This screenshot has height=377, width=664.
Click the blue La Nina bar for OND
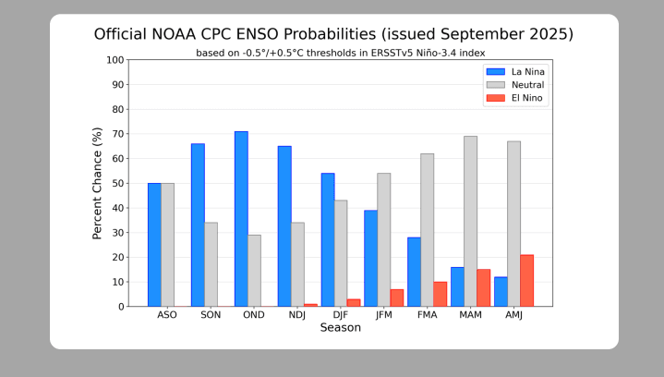click(x=241, y=219)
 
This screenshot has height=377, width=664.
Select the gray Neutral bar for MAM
click(x=470, y=221)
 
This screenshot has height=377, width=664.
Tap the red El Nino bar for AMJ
click(x=526, y=280)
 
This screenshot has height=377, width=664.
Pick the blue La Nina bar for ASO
click(x=154, y=245)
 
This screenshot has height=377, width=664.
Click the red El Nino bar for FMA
click(x=441, y=294)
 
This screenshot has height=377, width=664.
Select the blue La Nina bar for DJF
click(x=328, y=239)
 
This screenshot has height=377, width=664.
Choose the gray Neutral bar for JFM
click(x=383, y=239)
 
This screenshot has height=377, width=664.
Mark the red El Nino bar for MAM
click(x=483, y=287)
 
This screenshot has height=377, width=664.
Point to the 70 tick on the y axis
click(x=118, y=134)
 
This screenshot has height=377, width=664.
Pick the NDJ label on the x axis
click(x=297, y=315)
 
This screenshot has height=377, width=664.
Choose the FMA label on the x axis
click(x=427, y=315)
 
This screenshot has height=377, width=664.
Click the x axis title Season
click(x=340, y=328)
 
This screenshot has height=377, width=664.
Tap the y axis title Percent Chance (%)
click(x=97, y=183)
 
